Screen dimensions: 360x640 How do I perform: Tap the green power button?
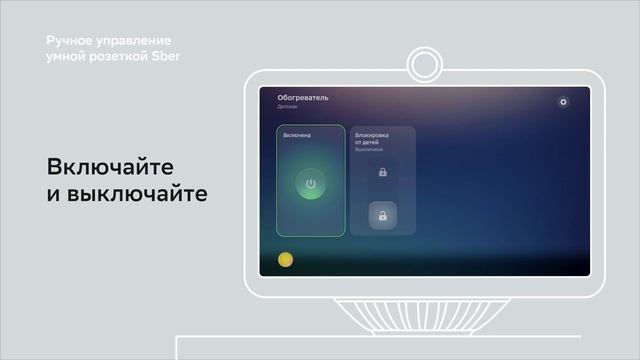click(x=311, y=184)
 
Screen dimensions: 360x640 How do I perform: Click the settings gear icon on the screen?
click(x=563, y=102)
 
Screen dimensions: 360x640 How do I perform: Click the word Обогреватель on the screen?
click(x=303, y=98)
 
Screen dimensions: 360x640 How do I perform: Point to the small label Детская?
click(x=287, y=106)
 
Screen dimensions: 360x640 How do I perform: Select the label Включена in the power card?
click(x=297, y=135)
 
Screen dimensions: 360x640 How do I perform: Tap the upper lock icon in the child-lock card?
click(x=383, y=173)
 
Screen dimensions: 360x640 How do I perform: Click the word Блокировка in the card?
click(x=372, y=134)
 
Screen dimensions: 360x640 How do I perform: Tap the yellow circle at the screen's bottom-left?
click(x=285, y=260)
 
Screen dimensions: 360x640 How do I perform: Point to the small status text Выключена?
click(x=368, y=150)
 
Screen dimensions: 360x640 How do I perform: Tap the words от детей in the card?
click(x=368, y=142)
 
